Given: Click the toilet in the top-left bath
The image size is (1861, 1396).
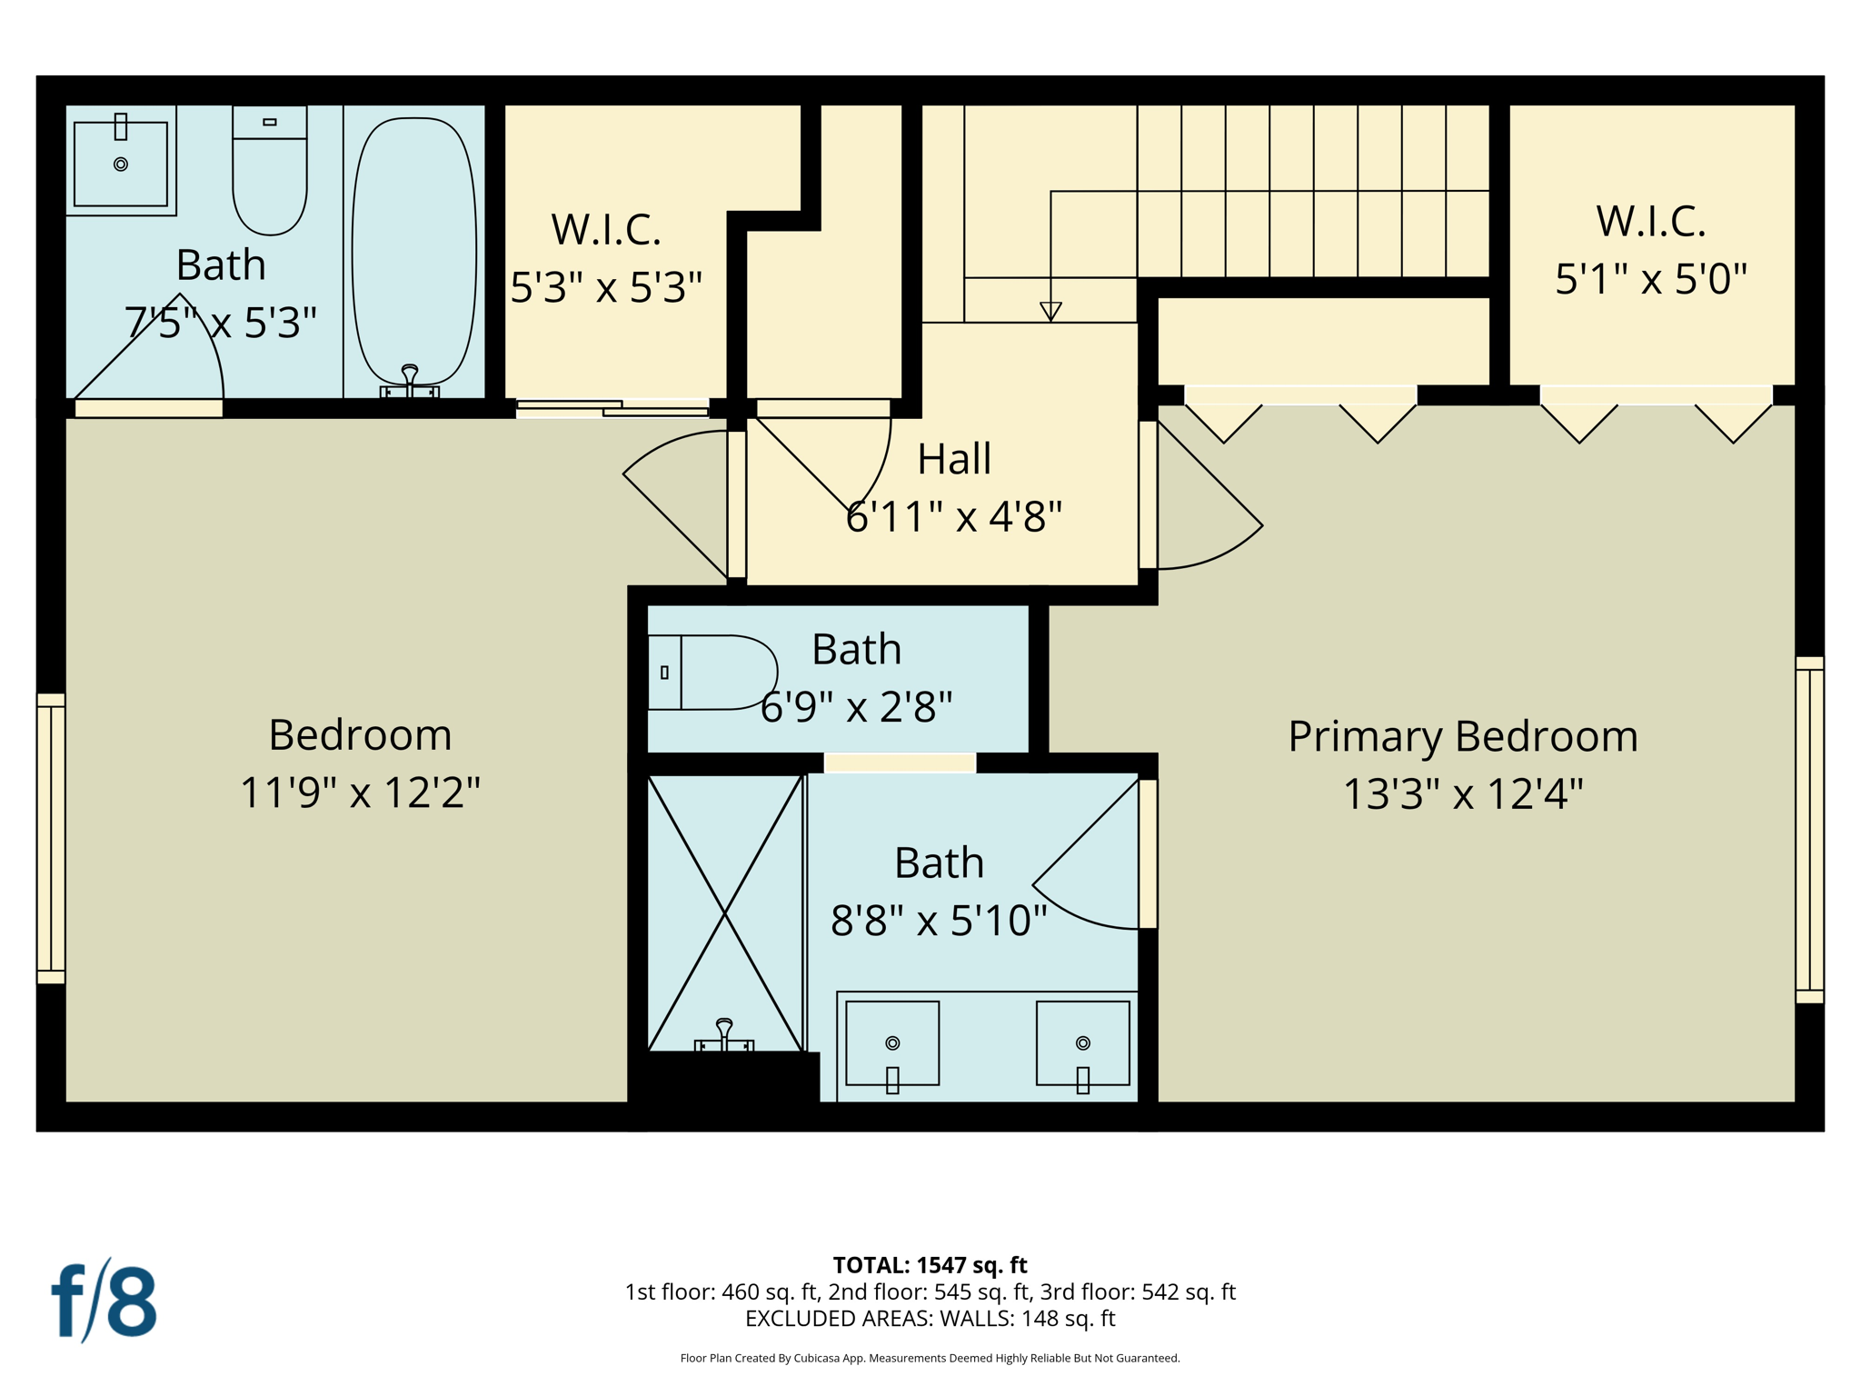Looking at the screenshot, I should pos(270,173).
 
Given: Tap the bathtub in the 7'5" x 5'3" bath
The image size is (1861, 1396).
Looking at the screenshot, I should pos(414,250).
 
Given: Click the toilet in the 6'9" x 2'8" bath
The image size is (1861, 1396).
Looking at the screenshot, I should pos(713,673).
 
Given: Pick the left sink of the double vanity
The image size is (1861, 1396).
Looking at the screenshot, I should pos(892,1043).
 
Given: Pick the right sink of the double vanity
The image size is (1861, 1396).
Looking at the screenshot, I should pos(1082,1043).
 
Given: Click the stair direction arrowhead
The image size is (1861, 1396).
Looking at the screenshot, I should pos(1050,311).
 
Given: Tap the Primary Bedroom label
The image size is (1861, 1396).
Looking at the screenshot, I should pos(1462,736).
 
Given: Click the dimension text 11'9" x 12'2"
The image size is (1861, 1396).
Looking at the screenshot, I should pos(360,793).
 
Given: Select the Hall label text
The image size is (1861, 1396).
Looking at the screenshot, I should pos(953,459).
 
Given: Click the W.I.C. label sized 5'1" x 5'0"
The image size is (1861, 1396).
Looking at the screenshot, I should pos(1650,222).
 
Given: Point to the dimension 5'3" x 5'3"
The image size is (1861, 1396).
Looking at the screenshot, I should pos(606,287).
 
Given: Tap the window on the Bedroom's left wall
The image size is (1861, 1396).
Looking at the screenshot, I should pos(51,838).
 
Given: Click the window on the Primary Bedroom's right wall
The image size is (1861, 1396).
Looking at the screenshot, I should pos(1809,829).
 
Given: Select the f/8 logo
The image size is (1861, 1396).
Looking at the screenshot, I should pos(104,1301).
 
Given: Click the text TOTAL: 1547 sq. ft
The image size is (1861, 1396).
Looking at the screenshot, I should pos(930,1265).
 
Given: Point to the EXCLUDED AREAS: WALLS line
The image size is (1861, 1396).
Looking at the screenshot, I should pos(930,1319).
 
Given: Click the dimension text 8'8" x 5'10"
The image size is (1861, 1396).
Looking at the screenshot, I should pos(939,921).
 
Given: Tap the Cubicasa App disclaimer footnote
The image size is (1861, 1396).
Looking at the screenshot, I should pos(930,1359).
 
